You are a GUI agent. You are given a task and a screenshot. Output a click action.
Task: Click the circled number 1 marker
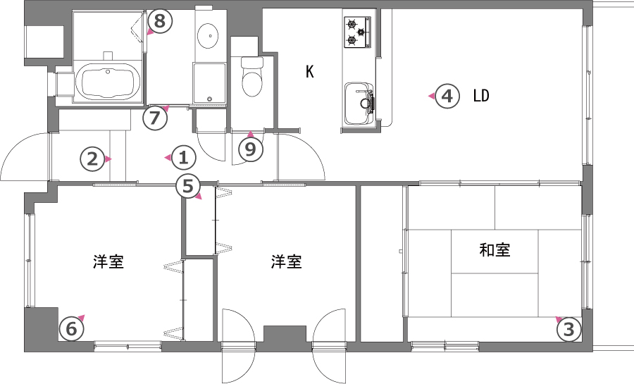[x=184, y=158]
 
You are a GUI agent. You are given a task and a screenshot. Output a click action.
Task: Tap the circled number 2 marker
[x=92, y=159]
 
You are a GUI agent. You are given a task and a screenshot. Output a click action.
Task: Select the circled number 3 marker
[x=569, y=330]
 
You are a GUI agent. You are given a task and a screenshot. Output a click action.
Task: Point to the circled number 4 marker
[x=447, y=97]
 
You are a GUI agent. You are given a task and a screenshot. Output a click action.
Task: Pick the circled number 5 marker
[x=188, y=187]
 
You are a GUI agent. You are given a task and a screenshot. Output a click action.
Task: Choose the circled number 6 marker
[x=72, y=329]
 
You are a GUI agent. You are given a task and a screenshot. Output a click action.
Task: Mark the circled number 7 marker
[x=155, y=118]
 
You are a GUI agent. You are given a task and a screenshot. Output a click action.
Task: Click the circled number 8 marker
[x=160, y=20]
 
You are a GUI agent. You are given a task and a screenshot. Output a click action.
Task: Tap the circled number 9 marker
[x=251, y=149]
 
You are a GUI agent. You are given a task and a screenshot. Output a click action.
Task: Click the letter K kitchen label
[x=310, y=72]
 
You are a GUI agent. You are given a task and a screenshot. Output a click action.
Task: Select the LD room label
[x=481, y=96]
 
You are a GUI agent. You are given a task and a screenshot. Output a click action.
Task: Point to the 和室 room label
[x=495, y=250]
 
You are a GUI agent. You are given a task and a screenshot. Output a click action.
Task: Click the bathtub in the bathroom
[x=108, y=81]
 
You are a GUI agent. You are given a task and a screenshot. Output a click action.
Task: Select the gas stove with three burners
[x=357, y=32]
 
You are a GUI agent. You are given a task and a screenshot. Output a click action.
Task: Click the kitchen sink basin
[x=359, y=104]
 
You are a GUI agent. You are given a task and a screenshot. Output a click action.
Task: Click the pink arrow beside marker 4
[x=432, y=97]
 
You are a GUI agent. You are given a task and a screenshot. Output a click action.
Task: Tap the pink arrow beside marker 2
[x=108, y=159]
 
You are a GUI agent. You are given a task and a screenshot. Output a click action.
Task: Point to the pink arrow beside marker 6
[x=81, y=318]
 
